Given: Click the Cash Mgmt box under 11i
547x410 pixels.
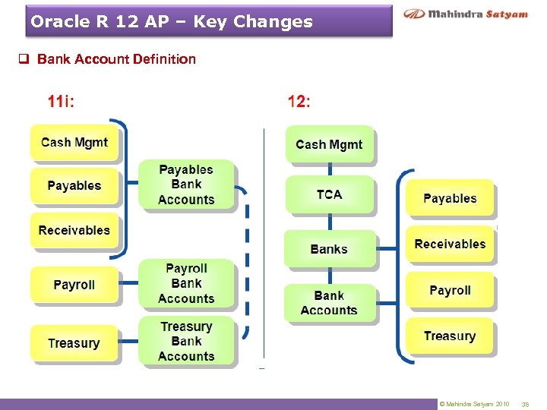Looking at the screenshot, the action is (74, 143).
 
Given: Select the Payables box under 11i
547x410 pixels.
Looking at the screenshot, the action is (74, 186).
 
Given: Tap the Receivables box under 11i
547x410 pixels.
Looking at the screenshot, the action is (74, 230).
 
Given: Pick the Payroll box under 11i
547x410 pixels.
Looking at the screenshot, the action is (74, 285).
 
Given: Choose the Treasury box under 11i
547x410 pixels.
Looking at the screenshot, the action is (74, 343).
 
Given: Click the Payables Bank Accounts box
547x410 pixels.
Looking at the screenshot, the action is (186, 184).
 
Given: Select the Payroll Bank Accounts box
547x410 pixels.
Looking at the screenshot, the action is (186, 283).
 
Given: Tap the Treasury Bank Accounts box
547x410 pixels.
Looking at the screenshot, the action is (186, 342).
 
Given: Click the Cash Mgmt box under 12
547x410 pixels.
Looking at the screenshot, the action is (329, 144).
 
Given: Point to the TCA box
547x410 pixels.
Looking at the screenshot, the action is (329, 195).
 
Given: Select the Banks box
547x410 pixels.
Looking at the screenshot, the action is (329, 249).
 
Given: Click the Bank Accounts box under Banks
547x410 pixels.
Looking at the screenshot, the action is (329, 303).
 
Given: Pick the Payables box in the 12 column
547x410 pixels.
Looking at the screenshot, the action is (450, 199).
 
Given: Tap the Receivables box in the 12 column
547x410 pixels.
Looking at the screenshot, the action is (450, 244).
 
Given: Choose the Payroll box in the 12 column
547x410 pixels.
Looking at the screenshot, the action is (450, 291).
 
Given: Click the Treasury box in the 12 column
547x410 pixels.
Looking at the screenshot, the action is (450, 336).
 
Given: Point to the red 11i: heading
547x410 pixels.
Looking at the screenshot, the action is (61, 101).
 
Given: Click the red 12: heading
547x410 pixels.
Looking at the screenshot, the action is (299, 101).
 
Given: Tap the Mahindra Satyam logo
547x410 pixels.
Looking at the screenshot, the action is (465, 14).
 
